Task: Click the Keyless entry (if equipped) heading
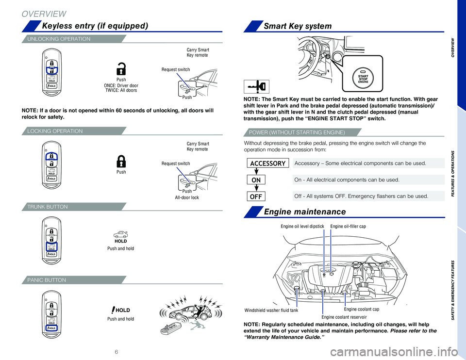click(95, 25)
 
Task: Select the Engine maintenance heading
click(304, 211)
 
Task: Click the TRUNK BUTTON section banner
click(49, 207)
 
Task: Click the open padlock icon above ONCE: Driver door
click(121, 68)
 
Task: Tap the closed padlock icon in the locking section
click(121, 162)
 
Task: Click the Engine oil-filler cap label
click(348, 226)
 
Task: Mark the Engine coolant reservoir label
click(344, 317)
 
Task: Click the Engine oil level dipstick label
click(302, 226)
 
